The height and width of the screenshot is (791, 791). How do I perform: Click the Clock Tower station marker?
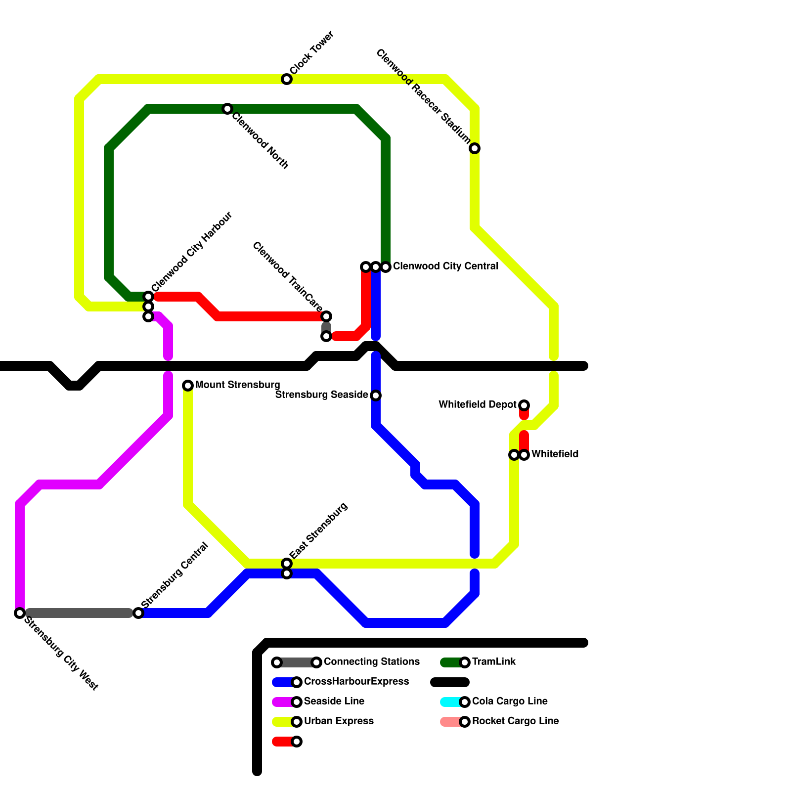[x=287, y=79]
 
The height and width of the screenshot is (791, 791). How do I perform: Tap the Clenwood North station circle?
[x=227, y=109]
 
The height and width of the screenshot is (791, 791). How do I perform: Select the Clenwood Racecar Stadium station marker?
[x=475, y=148]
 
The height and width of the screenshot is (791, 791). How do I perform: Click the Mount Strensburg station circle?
[x=188, y=386]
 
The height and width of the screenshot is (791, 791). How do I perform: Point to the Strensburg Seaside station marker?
[x=376, y=395]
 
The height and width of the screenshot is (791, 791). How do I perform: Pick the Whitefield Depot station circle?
[x=524, y=405]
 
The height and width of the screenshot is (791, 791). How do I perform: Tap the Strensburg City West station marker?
[x=20, y=613]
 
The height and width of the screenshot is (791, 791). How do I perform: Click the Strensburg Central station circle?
[x=138, y=613]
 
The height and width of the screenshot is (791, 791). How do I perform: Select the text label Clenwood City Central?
[x=445, y=266]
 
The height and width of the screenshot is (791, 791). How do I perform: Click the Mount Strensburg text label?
[x=238, y=385]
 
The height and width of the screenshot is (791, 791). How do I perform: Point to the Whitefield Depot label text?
[x=477, y=405]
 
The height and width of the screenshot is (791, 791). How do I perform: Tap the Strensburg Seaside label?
[x=321, y=395]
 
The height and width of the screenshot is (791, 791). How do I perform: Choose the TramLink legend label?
[x=494, y=662]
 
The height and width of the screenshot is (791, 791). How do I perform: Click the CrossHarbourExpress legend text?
[x=356, y=682]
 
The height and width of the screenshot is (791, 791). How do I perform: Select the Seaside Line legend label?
[x=334, y=702]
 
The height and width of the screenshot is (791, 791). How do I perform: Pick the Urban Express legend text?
[x=339, y=721]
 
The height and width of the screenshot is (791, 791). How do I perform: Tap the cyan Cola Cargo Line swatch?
[x=450, y=702]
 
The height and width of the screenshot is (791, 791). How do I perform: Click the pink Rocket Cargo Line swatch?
[x=450, y=722]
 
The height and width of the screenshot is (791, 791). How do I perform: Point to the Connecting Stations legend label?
[x=372, y=662]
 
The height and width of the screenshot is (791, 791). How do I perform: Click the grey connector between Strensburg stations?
[x=79, y=613]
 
